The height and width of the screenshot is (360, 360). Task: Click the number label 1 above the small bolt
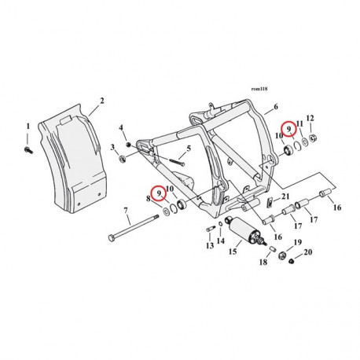(x=28, y=126)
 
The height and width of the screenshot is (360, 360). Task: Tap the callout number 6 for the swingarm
(x=276, y=106)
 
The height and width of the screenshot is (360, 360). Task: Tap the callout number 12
(x=310, y=118)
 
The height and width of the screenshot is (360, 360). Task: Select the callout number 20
(x=307, y=252)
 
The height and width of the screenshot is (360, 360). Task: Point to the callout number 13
(x=210, y=246)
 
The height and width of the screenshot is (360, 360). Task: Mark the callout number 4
(x=121, y=127)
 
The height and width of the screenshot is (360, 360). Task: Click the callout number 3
(x=114, y=146)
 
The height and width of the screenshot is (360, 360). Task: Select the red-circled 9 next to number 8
(x=160, y=192)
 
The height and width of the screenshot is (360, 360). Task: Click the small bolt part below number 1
(x=28, y=145)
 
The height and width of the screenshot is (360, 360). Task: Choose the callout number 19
(x=297, y=242)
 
